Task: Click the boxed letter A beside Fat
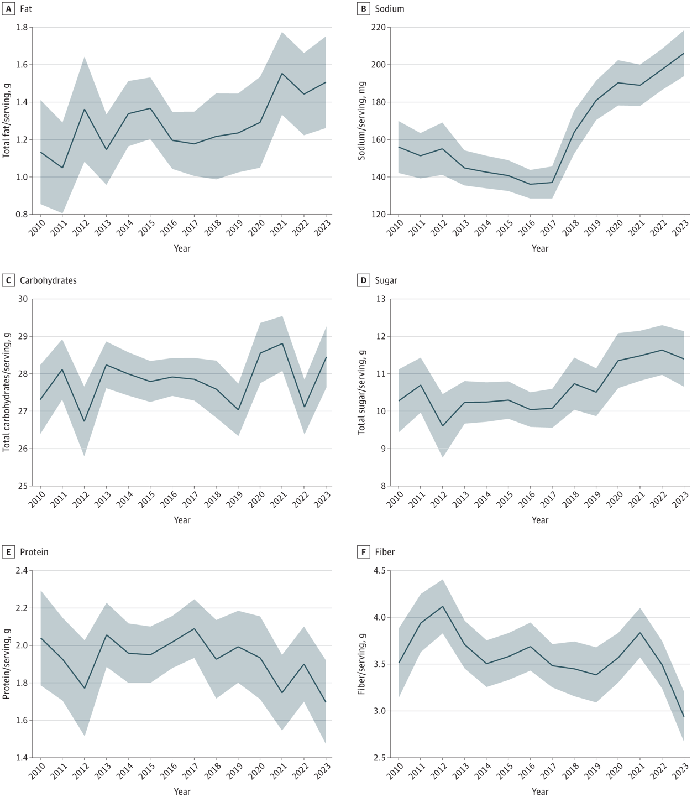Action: coord(8,9)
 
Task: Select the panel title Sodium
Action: coord(389,9)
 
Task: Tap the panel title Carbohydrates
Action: coord(48,280)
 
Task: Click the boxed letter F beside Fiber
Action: coord(363,552)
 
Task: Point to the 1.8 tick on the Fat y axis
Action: coord(22,27)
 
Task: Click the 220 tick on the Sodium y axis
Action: coord(378,27)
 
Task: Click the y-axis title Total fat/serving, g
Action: coord(7,121)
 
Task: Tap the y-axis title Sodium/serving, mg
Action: coord(361,121)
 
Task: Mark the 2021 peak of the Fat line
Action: coord(282,74)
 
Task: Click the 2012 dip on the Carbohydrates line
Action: coord(84,421)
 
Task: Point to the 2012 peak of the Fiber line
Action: coord(442,606)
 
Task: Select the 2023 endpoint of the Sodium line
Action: coord(684,54)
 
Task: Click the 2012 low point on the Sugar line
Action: coord(442,426)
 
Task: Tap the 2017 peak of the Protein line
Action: coord(193,628)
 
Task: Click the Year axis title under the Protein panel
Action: coord(182,791)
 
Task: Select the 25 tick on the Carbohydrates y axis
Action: coord(23,486)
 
